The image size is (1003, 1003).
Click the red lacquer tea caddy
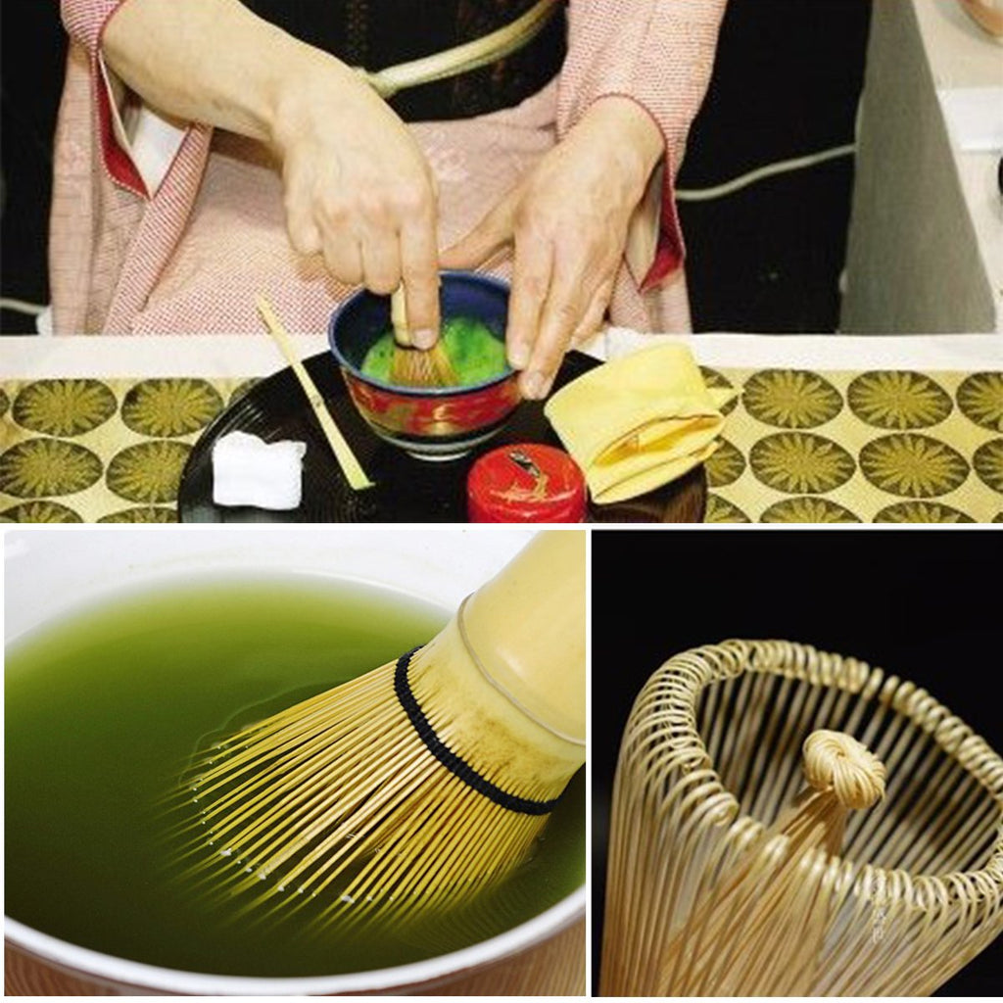click(x=525, y=484)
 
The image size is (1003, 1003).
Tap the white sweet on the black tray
click(x=258, y=472)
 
